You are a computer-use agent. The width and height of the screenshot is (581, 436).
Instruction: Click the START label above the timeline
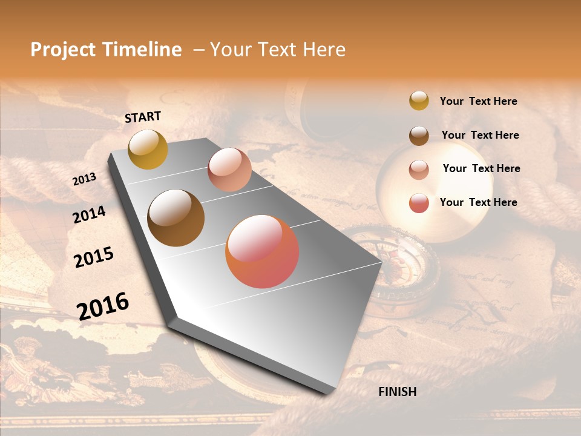click(143, 117)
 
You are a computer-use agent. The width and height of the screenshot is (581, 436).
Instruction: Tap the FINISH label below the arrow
click(398, 392)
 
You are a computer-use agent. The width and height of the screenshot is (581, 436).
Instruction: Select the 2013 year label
click(84, 179)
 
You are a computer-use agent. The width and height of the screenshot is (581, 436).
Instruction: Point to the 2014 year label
click(89, 214)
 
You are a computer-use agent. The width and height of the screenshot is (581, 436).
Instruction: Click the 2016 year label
click(103, 306)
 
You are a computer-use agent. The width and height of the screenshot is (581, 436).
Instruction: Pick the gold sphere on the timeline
click(148, 149)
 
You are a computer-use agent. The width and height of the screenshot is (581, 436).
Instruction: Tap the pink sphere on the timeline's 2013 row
click(229, 170)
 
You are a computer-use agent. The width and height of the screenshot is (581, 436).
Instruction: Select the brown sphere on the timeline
click(176, 218)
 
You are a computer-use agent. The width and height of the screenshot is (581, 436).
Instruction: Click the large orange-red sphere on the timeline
click(262, 251)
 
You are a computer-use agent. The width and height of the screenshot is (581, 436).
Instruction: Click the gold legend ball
click(419, 101)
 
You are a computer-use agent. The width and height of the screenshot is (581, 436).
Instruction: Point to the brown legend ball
click(419, 135)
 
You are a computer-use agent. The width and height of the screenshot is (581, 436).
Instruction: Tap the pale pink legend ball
click(419, 169)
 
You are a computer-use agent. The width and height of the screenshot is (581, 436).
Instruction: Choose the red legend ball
click(419, 203)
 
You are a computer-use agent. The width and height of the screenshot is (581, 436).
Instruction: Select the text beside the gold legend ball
click(478, 101)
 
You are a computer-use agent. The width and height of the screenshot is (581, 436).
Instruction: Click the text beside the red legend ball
click(478, 202)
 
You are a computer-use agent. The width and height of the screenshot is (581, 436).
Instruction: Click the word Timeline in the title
click(142, 50)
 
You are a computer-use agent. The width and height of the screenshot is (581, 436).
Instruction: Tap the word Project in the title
click(64, 50)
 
